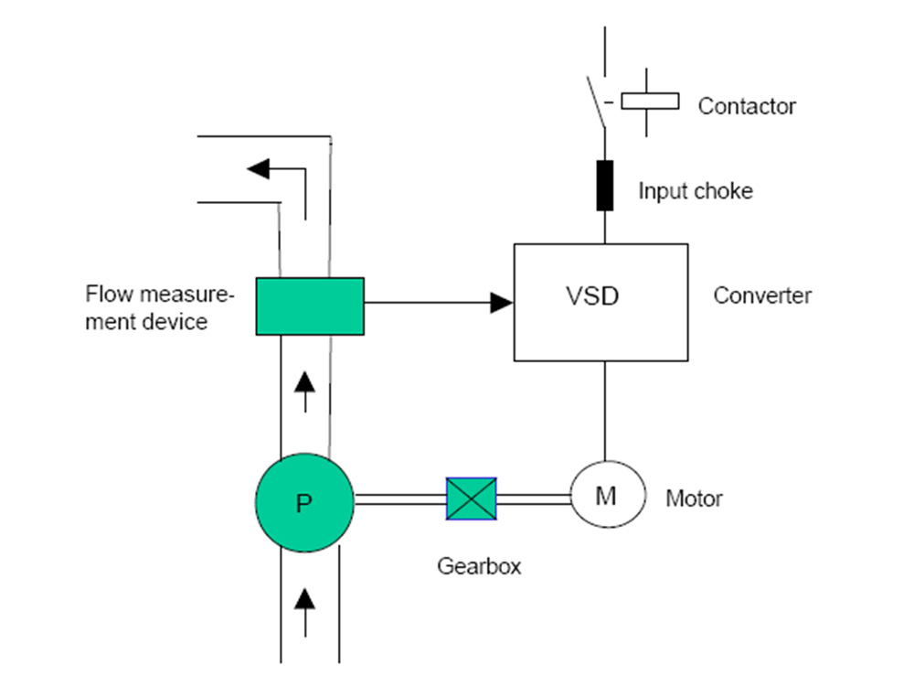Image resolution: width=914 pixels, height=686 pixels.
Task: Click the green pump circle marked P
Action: click(x=304, y=502)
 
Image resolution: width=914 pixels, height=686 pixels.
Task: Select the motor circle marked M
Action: click(x=608, y=495)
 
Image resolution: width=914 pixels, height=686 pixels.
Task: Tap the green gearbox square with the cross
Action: click(x=471, y=498)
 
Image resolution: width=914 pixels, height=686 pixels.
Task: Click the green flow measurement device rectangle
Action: click(x=310, y=306)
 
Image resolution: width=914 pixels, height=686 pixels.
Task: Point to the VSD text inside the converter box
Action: click(x=592, y=296)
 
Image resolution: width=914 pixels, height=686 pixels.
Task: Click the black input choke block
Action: click(x=604, y=186)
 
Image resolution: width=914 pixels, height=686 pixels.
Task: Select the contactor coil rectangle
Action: click(x=650, y=101)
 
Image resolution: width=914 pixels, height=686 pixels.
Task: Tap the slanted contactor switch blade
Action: click(x=596, y=102)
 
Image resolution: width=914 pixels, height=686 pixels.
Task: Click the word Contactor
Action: click(x=747, y=106)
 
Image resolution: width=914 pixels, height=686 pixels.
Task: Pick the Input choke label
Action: click(x=696, y=191)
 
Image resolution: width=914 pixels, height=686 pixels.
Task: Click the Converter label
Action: click(x=762, y=295)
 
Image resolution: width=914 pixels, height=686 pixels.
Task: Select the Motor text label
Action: click(x=694, y=498)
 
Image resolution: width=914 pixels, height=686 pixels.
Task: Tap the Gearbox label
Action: click(x=479, y=566)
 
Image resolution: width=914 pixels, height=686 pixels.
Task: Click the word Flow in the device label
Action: click(x=109, y=294)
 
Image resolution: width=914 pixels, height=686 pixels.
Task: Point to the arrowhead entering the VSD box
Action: click(x=501, y=303)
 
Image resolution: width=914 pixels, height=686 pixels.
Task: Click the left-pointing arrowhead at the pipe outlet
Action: click(x=259, y=169)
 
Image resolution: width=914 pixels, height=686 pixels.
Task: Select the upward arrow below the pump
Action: click(x=304, y=613)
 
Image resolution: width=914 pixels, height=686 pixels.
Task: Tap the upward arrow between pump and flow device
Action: click(x=304, y=392)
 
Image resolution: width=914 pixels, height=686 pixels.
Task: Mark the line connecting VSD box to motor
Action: click(x=604, y=411)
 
